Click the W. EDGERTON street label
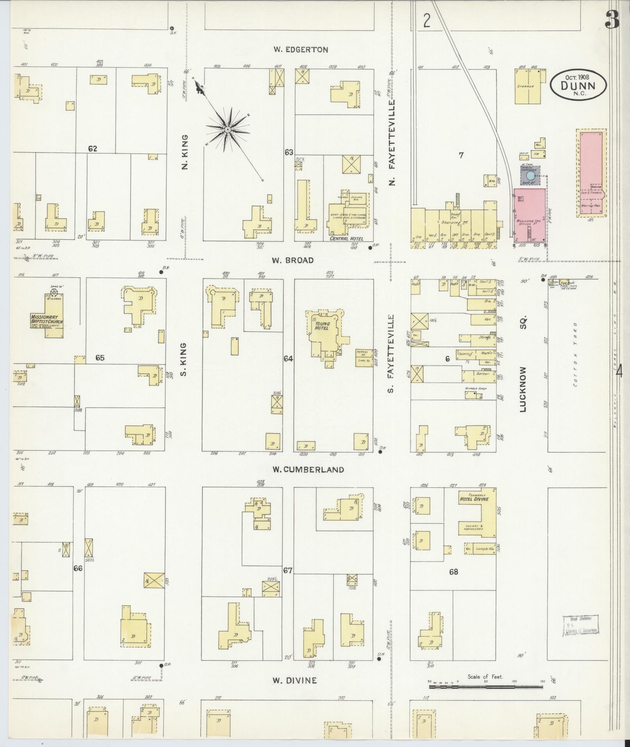tap(300, 50)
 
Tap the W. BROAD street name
tap(293, 260)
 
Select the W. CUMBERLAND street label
tap(308, 470)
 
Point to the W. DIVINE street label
tap(294, 681)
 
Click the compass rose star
tap(228, 129)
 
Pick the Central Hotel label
tap(346, 239)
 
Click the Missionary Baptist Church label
tap(46, 319)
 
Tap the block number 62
tap(93, 148)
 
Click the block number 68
tap(453, 572)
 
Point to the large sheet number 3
tap(612, 20)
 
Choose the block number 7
tap(461, 155)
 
